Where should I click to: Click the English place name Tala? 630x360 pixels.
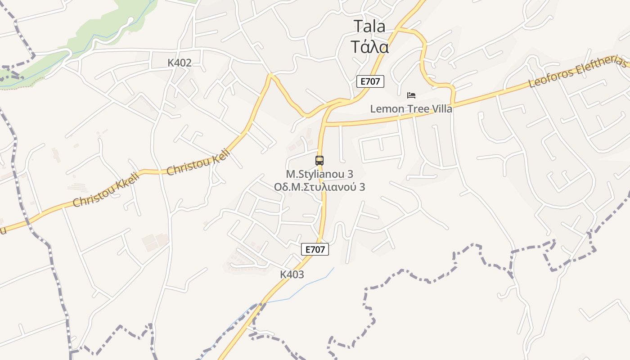tap(369, 26)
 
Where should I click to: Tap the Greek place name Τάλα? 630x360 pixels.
tap(369, 46)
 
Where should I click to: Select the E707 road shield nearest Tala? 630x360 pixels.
tap(370, 81)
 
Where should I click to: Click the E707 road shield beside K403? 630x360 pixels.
tap(315, 249)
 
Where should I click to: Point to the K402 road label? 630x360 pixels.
tap(180, 63)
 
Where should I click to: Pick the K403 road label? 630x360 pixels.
tap(292, 274)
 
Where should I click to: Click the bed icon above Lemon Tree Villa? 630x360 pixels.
tap(411, 95)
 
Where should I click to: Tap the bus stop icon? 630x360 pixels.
tap(319, 160)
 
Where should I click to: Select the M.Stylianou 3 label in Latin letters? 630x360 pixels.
tap(319, 174)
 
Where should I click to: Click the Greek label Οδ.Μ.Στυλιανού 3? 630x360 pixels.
tap(319, 187)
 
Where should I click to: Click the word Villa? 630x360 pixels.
tap(441, 109)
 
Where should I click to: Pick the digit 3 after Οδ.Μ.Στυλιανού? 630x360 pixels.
tap(362, 187)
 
